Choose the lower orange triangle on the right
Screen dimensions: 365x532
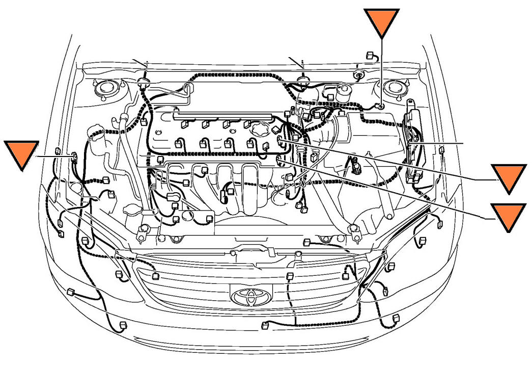click(x=508, y=217)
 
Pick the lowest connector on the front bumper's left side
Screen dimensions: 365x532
click(x=122, y=325)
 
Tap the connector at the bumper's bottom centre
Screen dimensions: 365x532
click(x=265, y=325)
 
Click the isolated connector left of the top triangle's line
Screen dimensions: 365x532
click(x=371, y=55)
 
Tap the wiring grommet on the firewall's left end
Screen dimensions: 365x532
click(x=144, y=82)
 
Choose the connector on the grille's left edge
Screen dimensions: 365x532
click(x=156, y=276)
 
